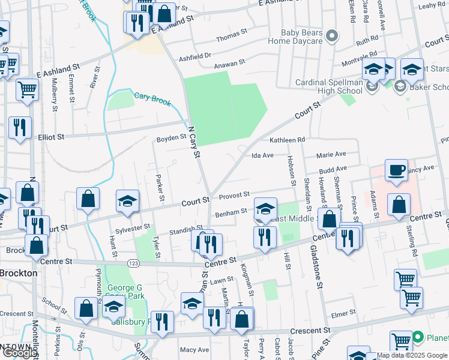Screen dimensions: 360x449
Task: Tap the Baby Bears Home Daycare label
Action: [x=303, y=37]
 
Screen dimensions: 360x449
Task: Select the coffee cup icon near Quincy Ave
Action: [x=396, y=170]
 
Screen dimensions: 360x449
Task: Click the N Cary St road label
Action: [x=193, y=142]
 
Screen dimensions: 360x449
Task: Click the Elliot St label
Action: [x=51, y=137]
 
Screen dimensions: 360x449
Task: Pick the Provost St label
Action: [x=234, y=195]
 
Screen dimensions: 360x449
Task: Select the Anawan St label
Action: [x=231, y=62]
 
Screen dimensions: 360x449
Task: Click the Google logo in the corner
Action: [x=20, y=352]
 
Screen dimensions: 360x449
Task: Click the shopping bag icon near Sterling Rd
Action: [x=399, y=205]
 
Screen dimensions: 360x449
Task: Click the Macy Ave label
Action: [x=194, y=350]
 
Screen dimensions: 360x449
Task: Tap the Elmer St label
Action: [x=343, y=314]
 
